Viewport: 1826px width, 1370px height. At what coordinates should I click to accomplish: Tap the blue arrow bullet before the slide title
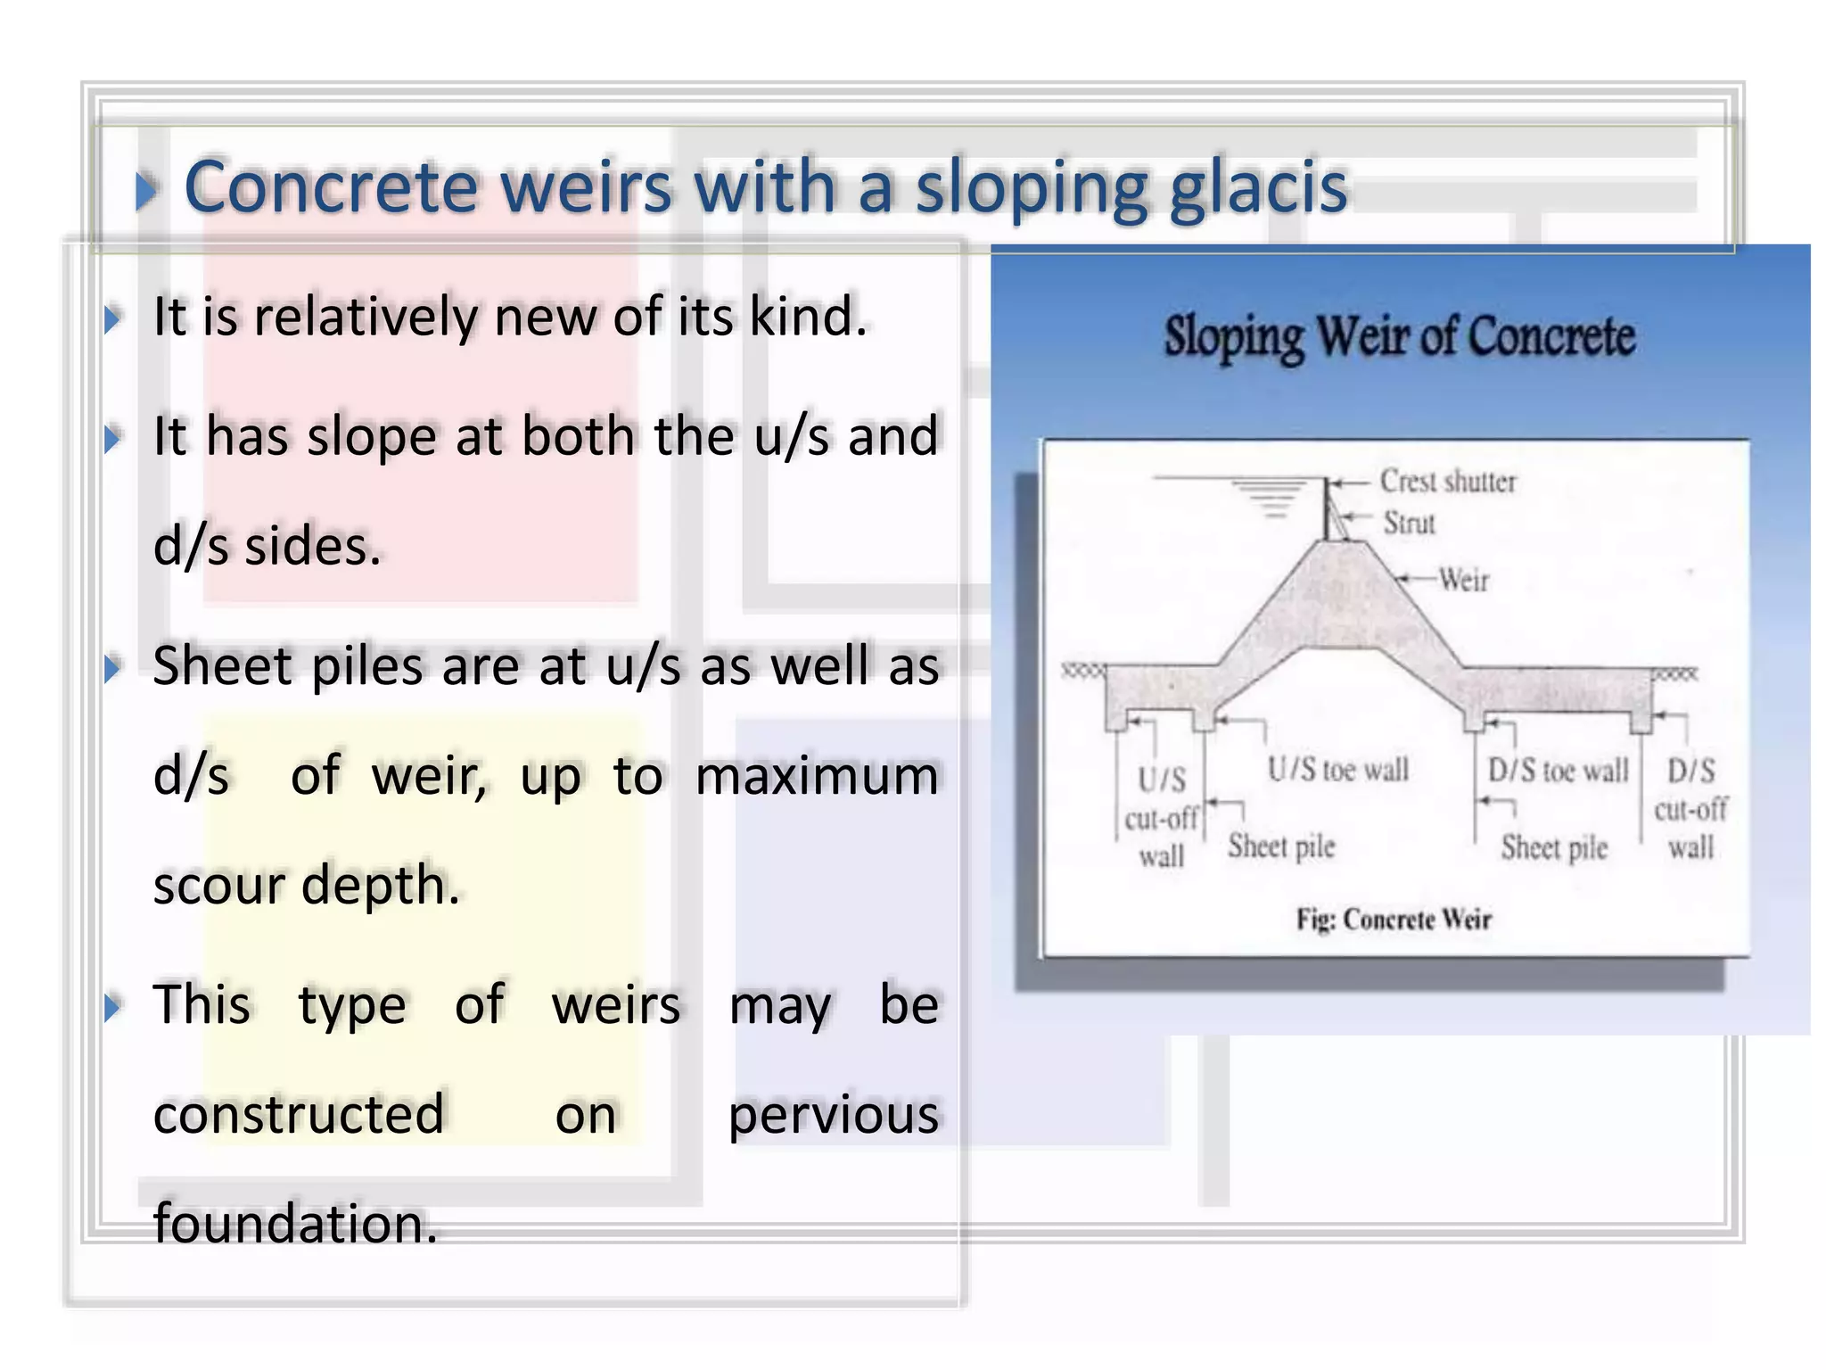[x=146, y=191]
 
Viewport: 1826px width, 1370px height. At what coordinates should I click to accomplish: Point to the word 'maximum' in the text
[x=817, y=776]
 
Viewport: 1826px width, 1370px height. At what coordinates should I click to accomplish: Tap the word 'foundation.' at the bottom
[x=295, y=1223]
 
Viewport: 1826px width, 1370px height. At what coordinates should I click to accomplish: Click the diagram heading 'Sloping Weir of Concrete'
[x=1399, y=337]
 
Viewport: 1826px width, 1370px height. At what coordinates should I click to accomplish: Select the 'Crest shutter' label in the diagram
[x=1447, y=482]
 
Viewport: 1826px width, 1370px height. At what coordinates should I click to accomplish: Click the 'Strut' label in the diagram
[x=1409, y=523]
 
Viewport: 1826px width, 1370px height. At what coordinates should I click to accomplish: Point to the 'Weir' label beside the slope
[x=1463, y=581]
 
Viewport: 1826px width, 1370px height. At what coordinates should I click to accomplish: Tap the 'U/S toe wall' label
[x=1337, y=770]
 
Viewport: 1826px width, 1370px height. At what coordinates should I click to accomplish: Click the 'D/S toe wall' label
[x=1557, y=771]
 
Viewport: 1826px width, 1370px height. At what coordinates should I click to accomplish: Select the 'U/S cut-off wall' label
[x=1161, y=819]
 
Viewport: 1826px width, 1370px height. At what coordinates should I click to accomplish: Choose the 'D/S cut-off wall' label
[x=1690, y=810]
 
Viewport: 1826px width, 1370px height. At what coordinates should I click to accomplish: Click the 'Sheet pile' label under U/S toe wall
[x=1281, y=846]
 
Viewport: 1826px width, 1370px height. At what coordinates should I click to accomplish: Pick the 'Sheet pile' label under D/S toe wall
[x=1553, y=848]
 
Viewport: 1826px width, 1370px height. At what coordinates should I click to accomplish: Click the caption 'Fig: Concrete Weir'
[x=1393, y=920]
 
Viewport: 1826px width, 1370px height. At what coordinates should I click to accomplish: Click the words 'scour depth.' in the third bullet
[x=306, y=886]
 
